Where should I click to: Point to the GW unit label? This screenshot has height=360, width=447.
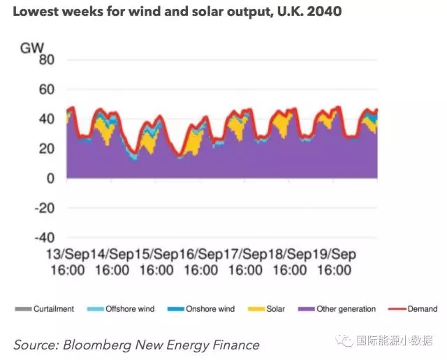[x=32, y=47]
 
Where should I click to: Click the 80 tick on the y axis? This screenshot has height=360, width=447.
[x=46, y=59]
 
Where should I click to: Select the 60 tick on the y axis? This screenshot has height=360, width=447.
[x=46, y=89]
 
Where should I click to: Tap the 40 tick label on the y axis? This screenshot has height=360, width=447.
[x=46, y=119]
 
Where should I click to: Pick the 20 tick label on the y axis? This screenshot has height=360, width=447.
[x=46, y=149]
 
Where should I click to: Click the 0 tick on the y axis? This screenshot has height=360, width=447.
[x=50, y=179]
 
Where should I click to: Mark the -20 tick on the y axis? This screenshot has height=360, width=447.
[x=44, y=208]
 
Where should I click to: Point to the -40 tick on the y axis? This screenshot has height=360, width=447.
[x=44, y=238]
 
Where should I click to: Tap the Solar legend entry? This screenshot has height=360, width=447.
[x=273, y=308]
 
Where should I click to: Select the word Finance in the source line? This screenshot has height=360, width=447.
[x=233, y=345]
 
